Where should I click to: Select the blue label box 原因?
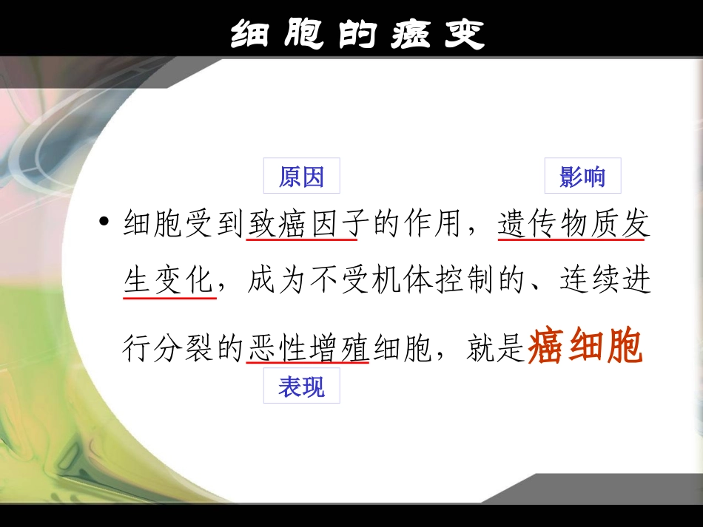(x=301, y=177)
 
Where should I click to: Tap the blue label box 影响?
(x=582, y=177)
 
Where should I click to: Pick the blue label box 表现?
(x=301, y=387)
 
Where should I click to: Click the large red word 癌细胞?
(x=585, y=347)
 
